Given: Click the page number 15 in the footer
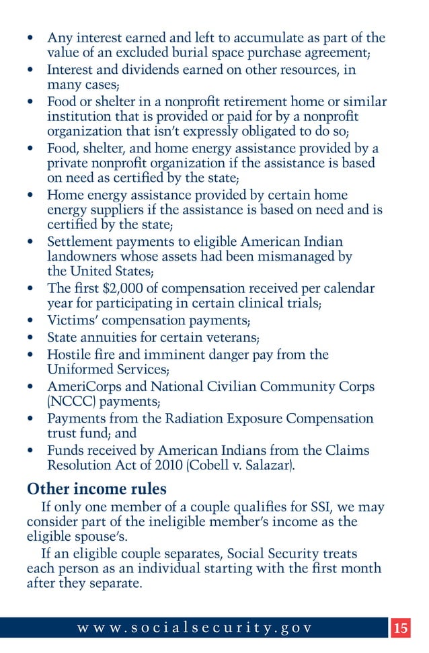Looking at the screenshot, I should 401,629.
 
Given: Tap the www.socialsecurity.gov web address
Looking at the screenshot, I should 195,629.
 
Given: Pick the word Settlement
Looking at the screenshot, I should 80,242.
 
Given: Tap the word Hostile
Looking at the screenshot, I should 69,354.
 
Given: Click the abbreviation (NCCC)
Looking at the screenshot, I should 73,402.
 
